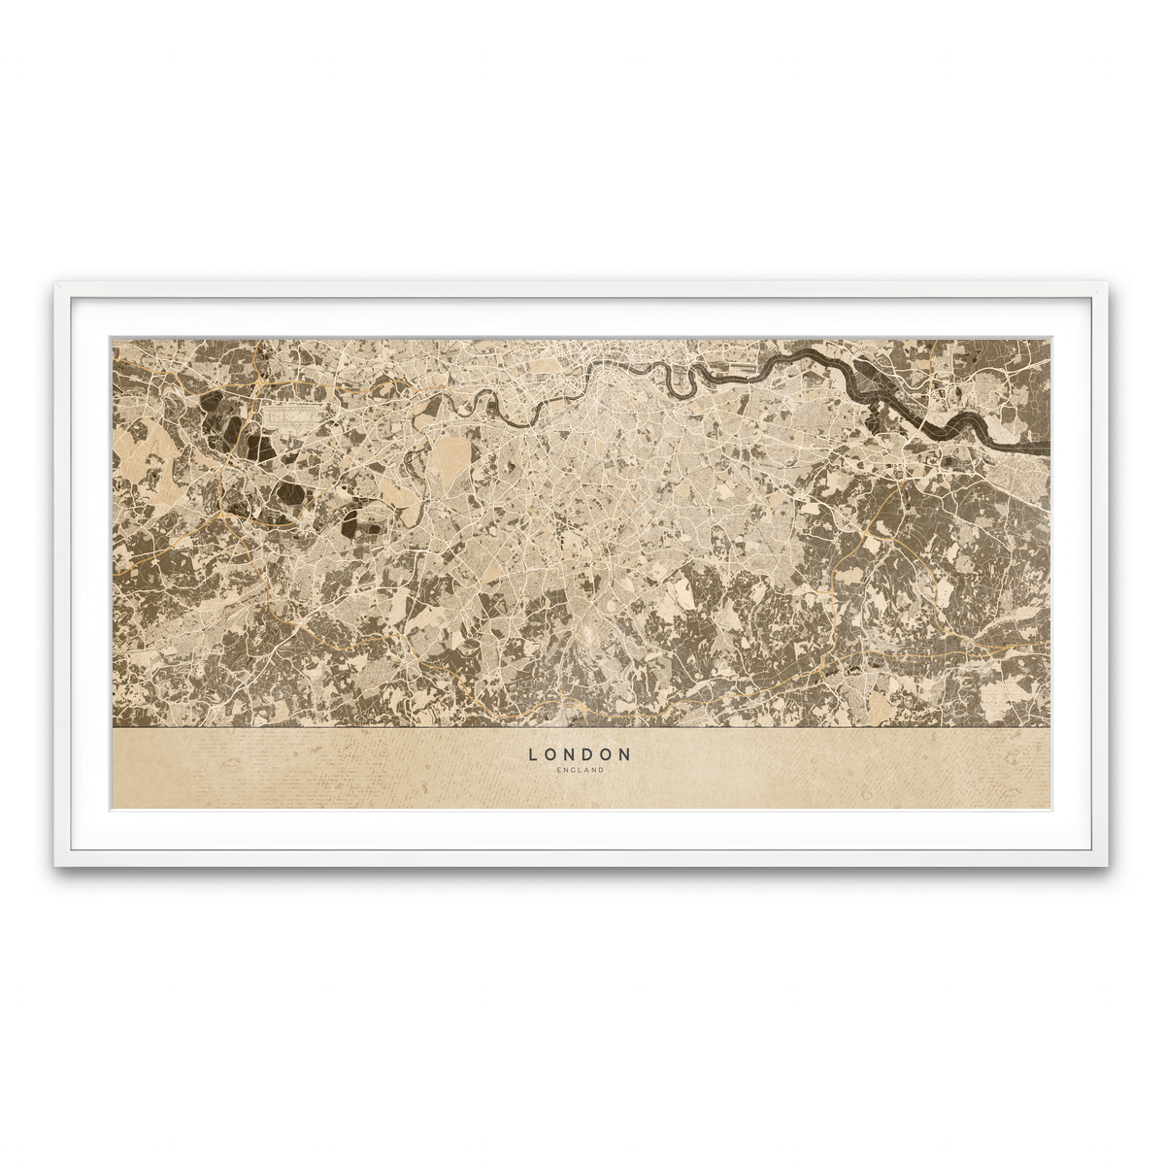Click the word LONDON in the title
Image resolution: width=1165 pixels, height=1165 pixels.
pos(580,753)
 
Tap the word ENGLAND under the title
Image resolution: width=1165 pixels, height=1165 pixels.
pos(581,771)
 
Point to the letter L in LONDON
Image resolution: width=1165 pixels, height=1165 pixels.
pos(533,753)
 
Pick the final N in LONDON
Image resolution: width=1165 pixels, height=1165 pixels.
pos(626,753)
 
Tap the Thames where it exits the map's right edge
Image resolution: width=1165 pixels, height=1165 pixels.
pos(1044,448)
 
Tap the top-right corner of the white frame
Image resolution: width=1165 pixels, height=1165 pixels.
pos(1108,284)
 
